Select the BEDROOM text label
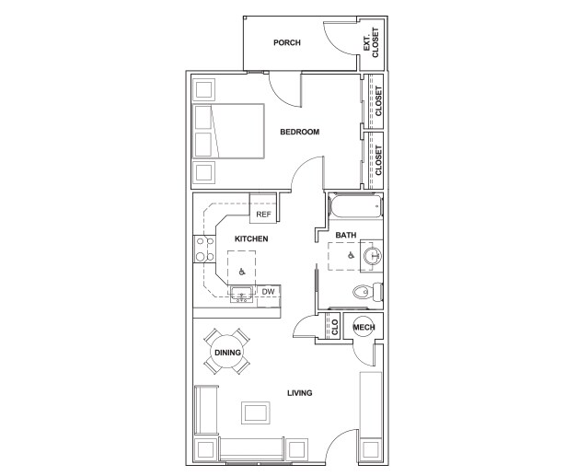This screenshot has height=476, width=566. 299,133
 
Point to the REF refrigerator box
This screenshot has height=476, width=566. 263,214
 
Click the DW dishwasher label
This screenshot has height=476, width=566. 268,293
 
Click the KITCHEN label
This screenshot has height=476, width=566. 250,239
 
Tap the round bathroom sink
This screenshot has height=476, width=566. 373,256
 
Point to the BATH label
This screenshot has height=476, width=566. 346,236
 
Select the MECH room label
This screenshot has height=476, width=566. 363,328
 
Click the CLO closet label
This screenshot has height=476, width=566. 335,327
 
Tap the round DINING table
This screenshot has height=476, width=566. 227,352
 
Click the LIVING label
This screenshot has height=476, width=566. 299,393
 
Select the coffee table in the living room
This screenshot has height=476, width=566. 254,412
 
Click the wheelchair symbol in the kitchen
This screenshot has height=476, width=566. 242,272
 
